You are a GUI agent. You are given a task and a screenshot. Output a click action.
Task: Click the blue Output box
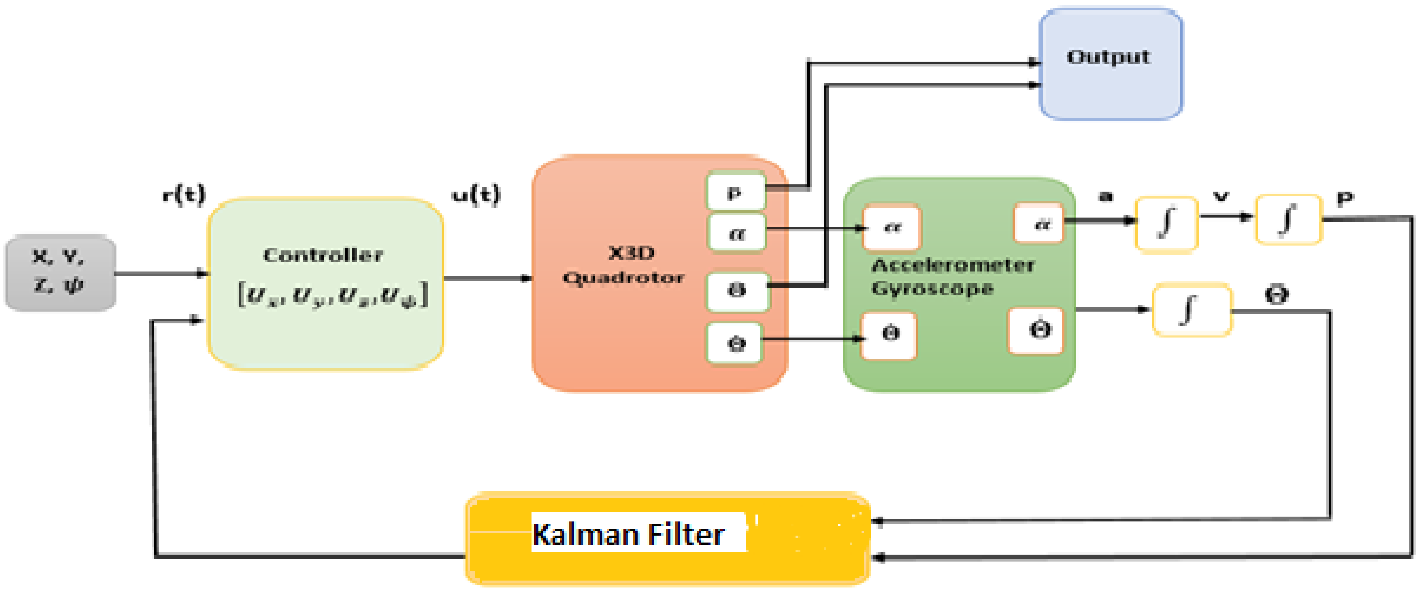[x=1110, y=64]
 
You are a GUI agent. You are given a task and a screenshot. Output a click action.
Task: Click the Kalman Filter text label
[x=628, y=534]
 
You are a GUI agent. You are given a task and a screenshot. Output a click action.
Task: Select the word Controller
[x=323, y=255]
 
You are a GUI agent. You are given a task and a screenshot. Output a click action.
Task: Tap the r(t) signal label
[x=184, y=195]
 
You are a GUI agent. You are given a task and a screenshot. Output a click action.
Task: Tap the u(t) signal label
[x=476, y=195]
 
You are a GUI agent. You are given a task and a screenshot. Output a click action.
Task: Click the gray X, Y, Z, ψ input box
[x=60, y=272]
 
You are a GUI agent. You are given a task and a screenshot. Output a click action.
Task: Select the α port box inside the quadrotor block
[x=736, y=233]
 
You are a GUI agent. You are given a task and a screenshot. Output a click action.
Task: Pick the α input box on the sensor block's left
[x=891, y=227]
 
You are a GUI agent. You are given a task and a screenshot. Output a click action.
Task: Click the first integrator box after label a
[x=1166, y=224]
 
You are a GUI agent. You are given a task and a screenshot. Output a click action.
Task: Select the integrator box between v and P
[x=1288, y=220]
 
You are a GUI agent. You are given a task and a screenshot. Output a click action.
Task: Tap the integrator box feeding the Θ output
[x=1191, y=309]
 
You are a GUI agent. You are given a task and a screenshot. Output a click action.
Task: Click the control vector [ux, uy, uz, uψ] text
[x=332, y=295]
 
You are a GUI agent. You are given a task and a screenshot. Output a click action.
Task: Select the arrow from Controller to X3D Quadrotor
[x=486, y=278]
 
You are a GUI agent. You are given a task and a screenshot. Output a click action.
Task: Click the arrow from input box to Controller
[x=160, y=273]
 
